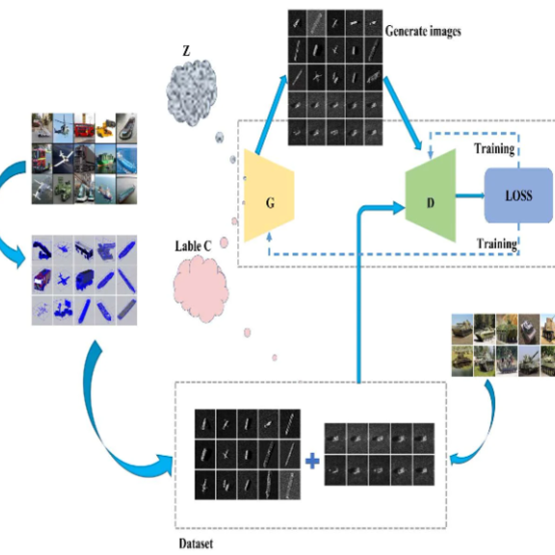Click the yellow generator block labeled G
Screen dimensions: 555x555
(269, 196)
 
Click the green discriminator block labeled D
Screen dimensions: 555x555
(431, 196)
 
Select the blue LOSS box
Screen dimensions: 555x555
(518, 196)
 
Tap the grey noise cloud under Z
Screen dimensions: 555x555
(191, 92)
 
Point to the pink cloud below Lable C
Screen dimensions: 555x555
(200, 289)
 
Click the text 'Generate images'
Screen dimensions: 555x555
(423, 31)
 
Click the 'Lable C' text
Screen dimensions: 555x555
(193, 246)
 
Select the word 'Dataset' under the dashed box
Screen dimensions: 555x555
(196, 543)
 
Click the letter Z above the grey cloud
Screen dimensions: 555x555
(186, 51)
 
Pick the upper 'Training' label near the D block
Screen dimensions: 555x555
(494, 148)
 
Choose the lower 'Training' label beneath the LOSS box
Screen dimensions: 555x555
(496, 244)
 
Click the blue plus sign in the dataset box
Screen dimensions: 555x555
(312, 462)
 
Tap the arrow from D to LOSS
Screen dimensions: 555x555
(469, 196)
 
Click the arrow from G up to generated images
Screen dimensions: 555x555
(272, 115)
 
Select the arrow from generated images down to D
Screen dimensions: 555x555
(403, 114)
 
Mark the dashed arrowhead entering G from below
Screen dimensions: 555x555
(270, 236)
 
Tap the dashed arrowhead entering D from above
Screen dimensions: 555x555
(431, 155)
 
